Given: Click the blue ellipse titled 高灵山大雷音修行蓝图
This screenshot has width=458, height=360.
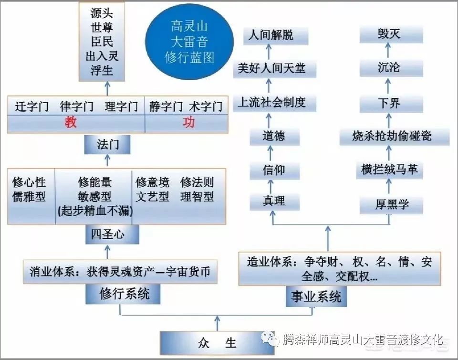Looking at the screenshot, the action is [189, 42].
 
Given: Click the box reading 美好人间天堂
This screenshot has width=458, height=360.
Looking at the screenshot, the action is [271, 69].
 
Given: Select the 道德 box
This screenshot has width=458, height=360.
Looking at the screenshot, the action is [274, 137].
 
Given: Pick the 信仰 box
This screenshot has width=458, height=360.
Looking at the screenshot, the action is [274, 170].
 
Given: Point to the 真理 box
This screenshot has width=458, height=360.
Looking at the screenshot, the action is [274, 202].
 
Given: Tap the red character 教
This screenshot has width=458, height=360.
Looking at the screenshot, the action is [71, 123].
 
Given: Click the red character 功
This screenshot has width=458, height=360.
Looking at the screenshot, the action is [188, 123].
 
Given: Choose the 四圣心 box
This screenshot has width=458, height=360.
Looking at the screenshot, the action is [108, 234].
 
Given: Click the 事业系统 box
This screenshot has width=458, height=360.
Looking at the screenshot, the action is [316, 296].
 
